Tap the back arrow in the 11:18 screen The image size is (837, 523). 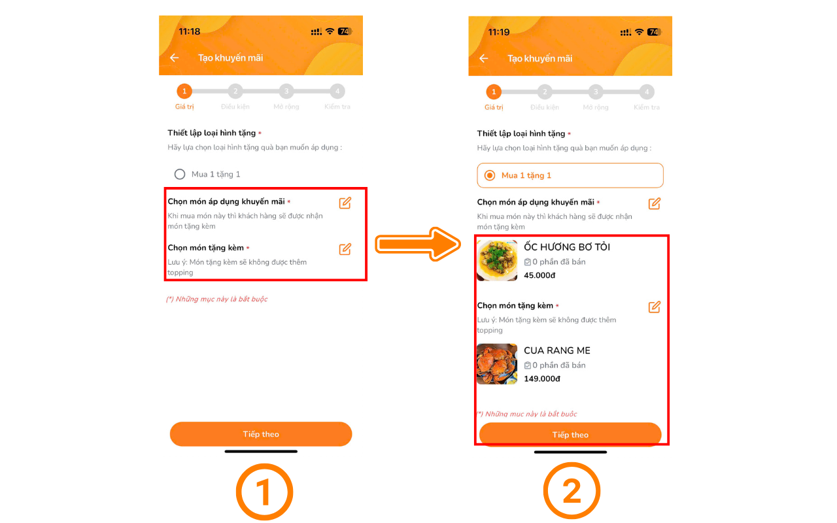174,58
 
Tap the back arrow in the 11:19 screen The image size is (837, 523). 483,58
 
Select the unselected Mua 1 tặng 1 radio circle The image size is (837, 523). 180,174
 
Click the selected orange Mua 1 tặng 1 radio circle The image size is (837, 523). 490,175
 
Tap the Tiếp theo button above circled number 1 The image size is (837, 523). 261,433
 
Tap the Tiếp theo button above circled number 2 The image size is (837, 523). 570,435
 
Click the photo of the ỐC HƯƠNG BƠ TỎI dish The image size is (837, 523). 497,260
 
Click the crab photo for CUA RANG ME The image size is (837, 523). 497,364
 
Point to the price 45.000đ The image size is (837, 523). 539,275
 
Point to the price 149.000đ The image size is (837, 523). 542,379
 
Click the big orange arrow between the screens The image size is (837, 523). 418,245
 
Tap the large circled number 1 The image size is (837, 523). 265,492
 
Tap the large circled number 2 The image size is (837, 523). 572,491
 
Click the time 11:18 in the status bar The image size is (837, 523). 190,31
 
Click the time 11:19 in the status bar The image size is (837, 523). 499,32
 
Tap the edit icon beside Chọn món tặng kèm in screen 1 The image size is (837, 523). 345,249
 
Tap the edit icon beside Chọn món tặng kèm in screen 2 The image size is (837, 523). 655,307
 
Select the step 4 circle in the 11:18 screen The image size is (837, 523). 337,91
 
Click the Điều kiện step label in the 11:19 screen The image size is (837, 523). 545,108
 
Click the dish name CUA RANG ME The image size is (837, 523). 557,350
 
